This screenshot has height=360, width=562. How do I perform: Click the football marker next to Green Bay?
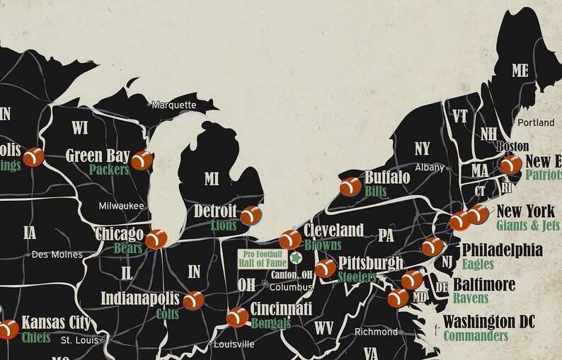tap(142, 161)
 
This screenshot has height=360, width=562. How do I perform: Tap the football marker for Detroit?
tap(250, 216)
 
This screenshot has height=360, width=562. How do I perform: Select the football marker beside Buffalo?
tap(350, 187)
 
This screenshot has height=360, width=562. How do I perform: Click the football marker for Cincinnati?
tap(237, 318)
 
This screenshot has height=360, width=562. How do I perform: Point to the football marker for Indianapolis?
tap(193, 301)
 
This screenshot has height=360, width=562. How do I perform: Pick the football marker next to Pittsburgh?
tap(326, 268)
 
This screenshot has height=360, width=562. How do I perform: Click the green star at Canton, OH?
tap(296, 258)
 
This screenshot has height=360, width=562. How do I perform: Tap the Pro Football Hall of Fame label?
tap(262, 259)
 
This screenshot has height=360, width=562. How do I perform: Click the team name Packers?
tap(109, 170)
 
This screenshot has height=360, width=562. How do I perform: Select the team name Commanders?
tap(476, 336)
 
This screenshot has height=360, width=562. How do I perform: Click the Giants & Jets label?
tap(527, 226)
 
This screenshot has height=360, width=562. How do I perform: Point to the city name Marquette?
tap(173, 105)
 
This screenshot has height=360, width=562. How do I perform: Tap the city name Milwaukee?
tap(121, 205)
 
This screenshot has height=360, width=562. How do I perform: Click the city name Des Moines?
tap(57, 255)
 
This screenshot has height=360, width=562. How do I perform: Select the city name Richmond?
tap(376, 332)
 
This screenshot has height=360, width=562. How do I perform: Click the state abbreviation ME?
tap(520, 70)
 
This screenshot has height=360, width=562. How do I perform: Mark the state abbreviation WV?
tap(324, 327)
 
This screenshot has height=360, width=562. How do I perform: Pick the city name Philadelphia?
tap(502, 250)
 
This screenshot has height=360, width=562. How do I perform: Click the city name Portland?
tap(536, 122)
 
